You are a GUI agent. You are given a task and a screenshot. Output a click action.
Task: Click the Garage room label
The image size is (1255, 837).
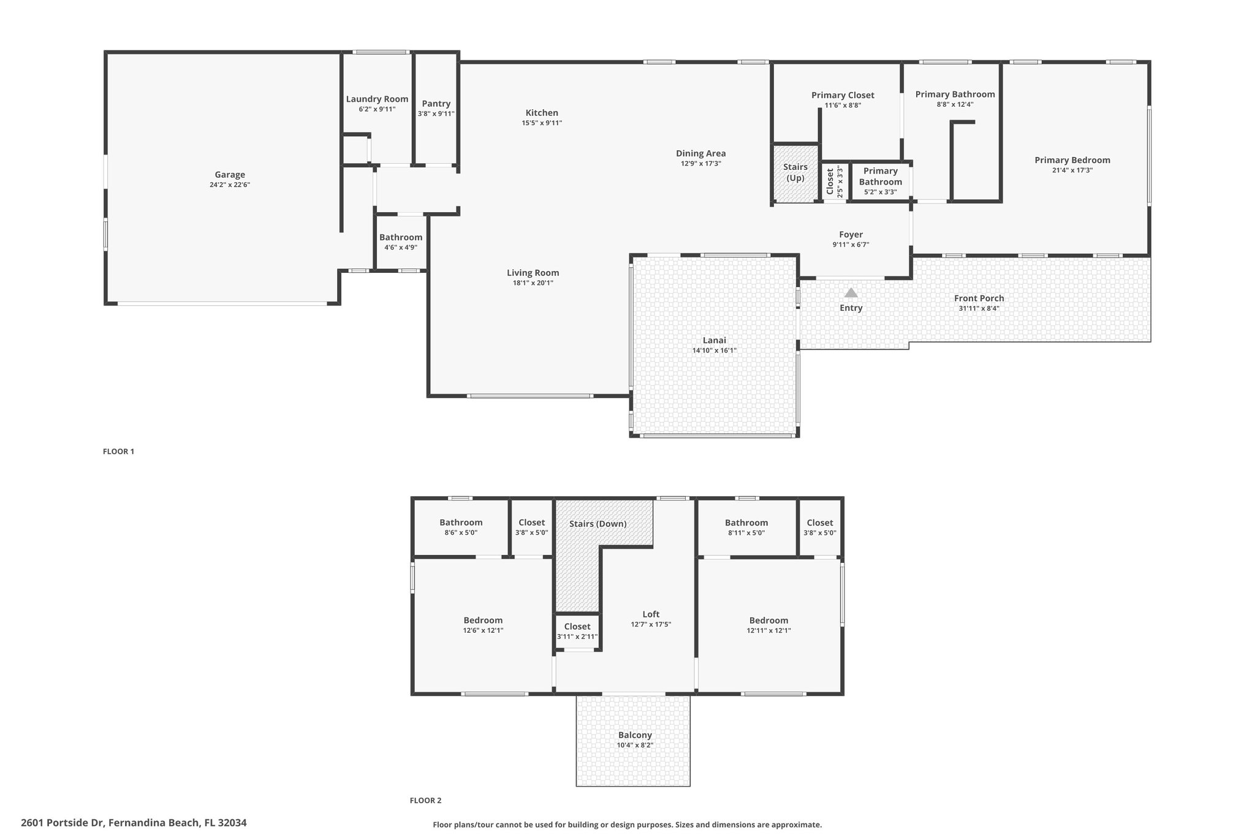230,175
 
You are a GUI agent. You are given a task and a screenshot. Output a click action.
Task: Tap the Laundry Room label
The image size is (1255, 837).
377,99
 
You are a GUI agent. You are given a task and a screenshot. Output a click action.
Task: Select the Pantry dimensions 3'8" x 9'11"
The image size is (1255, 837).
436,113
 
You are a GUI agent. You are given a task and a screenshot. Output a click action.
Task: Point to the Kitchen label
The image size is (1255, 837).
542,113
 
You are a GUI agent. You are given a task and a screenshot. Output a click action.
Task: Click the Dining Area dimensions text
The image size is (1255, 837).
701,164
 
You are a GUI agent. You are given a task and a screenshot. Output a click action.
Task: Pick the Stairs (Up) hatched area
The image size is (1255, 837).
795,173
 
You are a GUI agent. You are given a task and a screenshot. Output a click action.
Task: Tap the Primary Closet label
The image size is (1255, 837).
843,95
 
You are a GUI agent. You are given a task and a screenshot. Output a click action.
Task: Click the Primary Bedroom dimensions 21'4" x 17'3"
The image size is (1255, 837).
1072,170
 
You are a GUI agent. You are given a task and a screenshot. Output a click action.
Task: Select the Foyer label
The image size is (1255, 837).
851,234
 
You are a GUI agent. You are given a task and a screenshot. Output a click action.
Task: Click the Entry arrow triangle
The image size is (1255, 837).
851,292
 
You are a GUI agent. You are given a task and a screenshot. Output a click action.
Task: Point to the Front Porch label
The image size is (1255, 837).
979,299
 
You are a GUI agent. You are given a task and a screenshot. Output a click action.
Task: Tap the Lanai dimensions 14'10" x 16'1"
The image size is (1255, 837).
715,351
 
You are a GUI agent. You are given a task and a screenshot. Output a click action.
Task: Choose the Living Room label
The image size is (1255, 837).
533,273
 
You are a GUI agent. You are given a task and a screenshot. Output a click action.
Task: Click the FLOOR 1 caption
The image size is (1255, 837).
118,451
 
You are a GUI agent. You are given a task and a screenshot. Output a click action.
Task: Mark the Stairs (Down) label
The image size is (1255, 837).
597,524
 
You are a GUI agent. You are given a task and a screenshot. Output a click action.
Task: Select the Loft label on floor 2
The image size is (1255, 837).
651,614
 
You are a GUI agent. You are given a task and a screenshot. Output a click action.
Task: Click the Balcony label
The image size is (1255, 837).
635,735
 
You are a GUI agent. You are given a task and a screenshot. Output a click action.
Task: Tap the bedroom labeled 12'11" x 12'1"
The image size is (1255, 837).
768,621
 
